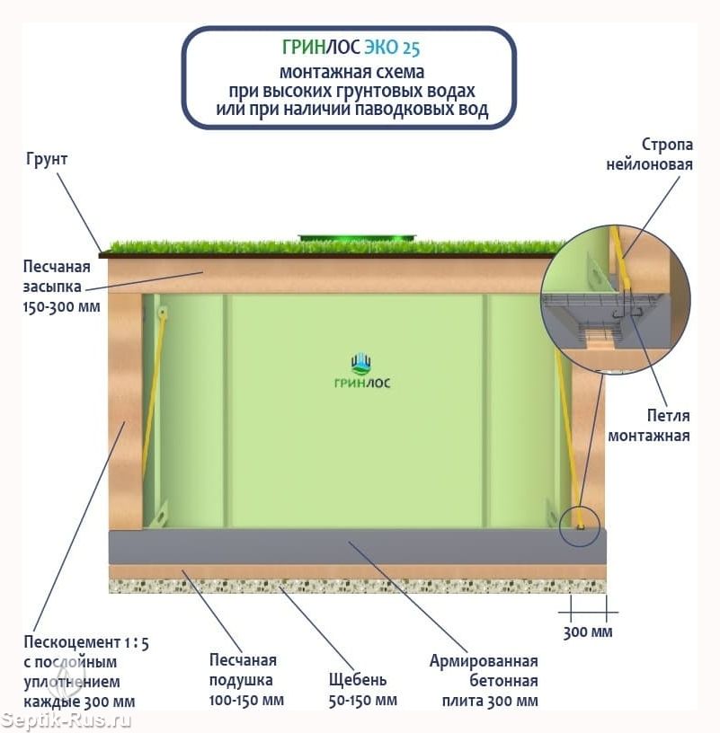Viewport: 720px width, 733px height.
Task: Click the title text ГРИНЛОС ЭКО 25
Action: coord(351,48)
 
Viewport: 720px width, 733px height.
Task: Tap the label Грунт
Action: coord(47,159)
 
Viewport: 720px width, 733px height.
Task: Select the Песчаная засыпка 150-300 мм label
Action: coord(61,287)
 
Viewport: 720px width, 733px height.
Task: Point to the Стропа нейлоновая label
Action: coord(649,155)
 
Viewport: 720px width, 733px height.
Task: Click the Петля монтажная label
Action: coord(648,426)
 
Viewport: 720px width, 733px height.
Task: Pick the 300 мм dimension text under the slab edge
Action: coord(588,632)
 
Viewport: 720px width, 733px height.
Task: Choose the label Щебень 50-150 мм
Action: coord(362,690)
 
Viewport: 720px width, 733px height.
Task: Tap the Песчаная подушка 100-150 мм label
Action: coord(246,680)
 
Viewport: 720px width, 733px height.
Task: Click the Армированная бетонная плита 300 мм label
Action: coord(484,681)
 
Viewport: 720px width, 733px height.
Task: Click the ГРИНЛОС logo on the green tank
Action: coord(362,372)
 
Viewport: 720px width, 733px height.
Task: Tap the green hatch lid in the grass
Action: coord(358,237)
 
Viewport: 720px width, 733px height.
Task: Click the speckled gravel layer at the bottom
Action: coord(358,587)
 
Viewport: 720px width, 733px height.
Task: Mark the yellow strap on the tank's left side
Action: coord(153,407)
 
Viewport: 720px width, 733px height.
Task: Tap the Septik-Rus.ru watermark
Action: coord(66,720)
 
